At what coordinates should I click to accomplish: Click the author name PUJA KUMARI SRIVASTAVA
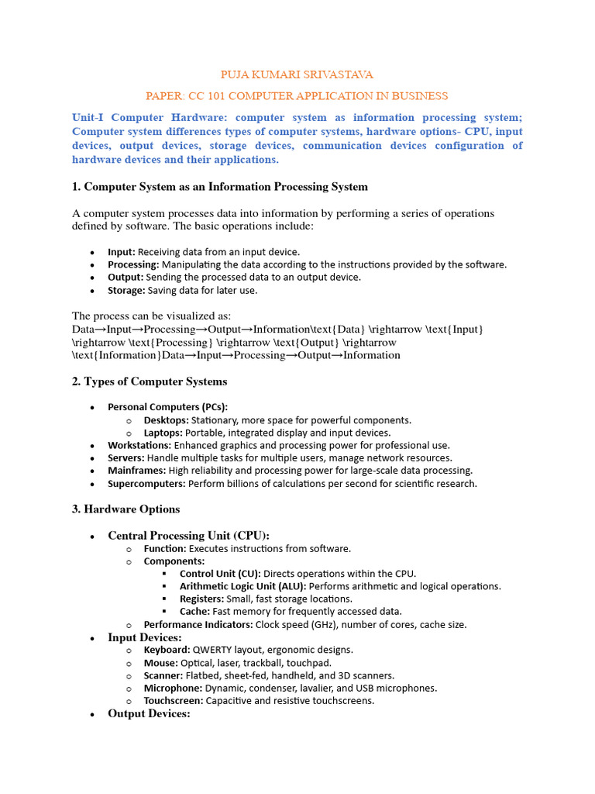[297, 75]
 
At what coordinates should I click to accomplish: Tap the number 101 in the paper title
[230, 96]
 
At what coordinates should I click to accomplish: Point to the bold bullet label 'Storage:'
[126, 290]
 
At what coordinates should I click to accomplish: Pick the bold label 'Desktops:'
[165, 420]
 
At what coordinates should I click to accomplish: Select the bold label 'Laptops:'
[163, 433]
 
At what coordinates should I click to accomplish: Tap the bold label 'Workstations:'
[139, 446]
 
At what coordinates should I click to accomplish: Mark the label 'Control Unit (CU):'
[219, 574]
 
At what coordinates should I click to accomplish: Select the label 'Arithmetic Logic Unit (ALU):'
[242, 586]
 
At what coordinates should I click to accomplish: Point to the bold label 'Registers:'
[200, 599]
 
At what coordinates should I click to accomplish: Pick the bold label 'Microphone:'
[174, 688]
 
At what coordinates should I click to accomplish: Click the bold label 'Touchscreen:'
[174, 700]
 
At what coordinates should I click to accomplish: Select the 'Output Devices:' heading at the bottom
[149, 713]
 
